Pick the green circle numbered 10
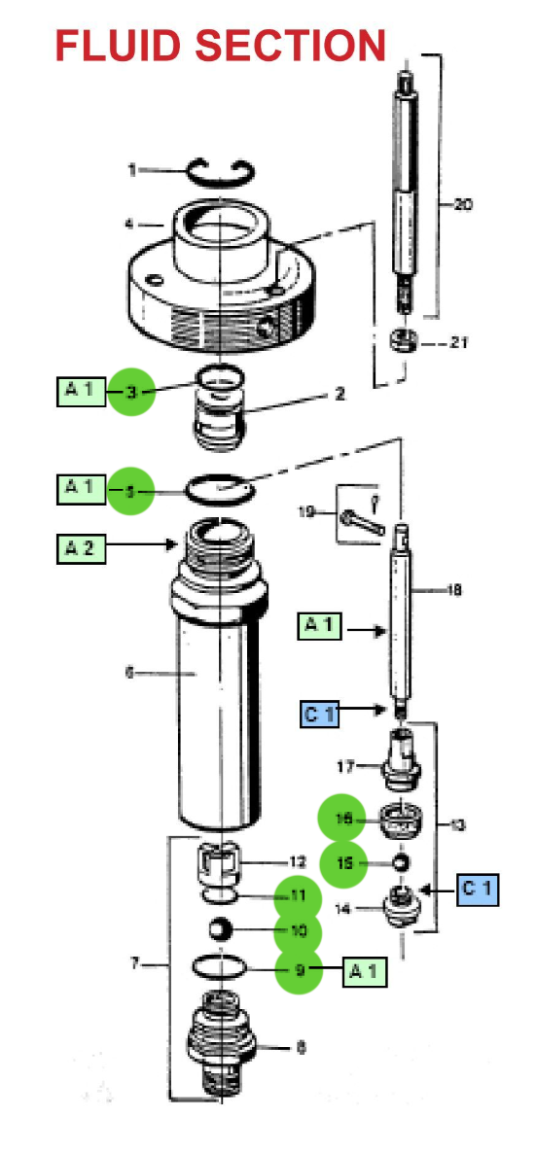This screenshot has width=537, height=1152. pos(298,931)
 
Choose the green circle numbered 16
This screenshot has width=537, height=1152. pos(342,820)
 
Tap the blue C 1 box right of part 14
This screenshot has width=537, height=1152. pos(476,889)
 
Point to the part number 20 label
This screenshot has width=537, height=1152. pos(463,205)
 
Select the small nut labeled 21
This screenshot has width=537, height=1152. pos(402,341)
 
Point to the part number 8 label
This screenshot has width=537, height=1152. pos(302,1047)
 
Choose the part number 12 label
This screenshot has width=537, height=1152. pos(298,861)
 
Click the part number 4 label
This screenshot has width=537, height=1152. pos(129,225)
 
